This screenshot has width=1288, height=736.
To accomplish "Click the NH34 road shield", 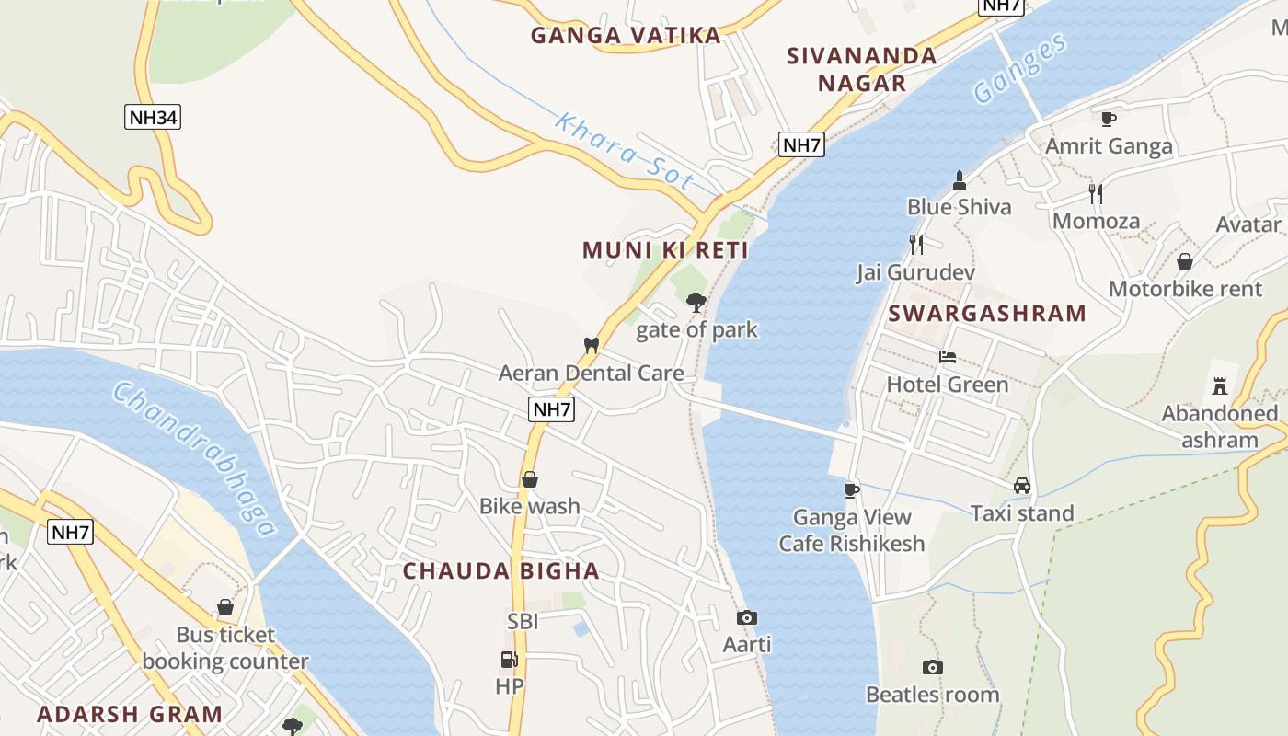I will coord(153,117).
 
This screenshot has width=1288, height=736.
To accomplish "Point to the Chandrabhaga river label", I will coord(194,458).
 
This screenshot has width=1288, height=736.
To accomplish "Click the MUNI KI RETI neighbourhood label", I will coord(665,250).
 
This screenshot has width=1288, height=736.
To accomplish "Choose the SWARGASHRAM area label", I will coord(987,313).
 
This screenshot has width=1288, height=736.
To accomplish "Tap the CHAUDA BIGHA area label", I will coord(501,570).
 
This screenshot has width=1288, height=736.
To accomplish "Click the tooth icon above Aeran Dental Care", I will coord(592,345).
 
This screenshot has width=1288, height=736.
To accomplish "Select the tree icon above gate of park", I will coord(696,301).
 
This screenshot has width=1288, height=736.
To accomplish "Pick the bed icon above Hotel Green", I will coord(948,357).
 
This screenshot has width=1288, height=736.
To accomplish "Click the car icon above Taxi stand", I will coord(1021,485).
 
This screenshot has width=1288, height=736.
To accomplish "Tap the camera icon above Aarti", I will coord(747,617).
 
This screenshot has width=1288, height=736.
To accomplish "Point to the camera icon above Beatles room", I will coord(933,667).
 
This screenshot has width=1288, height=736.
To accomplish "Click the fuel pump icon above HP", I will coord(509,660).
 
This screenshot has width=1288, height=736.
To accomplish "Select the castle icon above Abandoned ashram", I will coord(1220,385).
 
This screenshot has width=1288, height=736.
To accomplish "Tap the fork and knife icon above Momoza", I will coord(1096,193).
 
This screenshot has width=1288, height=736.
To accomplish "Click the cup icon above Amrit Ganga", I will coord(1109,119).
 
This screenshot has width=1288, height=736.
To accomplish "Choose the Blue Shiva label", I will coord(959,207).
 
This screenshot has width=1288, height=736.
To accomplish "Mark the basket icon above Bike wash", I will coord(530,479).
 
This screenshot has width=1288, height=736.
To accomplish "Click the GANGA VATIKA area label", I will coord(626,36).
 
